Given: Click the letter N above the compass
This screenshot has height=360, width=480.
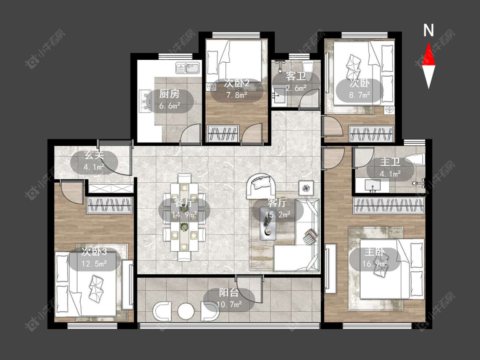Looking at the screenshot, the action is (428, 30).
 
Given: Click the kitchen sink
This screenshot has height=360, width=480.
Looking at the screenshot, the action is (188, 68).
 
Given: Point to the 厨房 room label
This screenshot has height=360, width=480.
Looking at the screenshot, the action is (169, 94).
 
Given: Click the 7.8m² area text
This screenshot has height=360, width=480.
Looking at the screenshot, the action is (237, 95).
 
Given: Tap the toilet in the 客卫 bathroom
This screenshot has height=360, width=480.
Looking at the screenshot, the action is (308, 70).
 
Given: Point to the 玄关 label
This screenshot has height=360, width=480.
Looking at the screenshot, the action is (94, 155).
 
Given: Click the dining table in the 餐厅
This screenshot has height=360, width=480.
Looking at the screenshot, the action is (184, 217).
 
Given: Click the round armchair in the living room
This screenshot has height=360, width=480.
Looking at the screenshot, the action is (261, 186).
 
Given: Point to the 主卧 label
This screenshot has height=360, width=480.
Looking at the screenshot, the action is (374, 252).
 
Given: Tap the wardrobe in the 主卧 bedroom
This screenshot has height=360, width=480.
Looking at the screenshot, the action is (389, 206).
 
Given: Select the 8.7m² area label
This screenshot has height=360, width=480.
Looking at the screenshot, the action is (360, 95).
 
